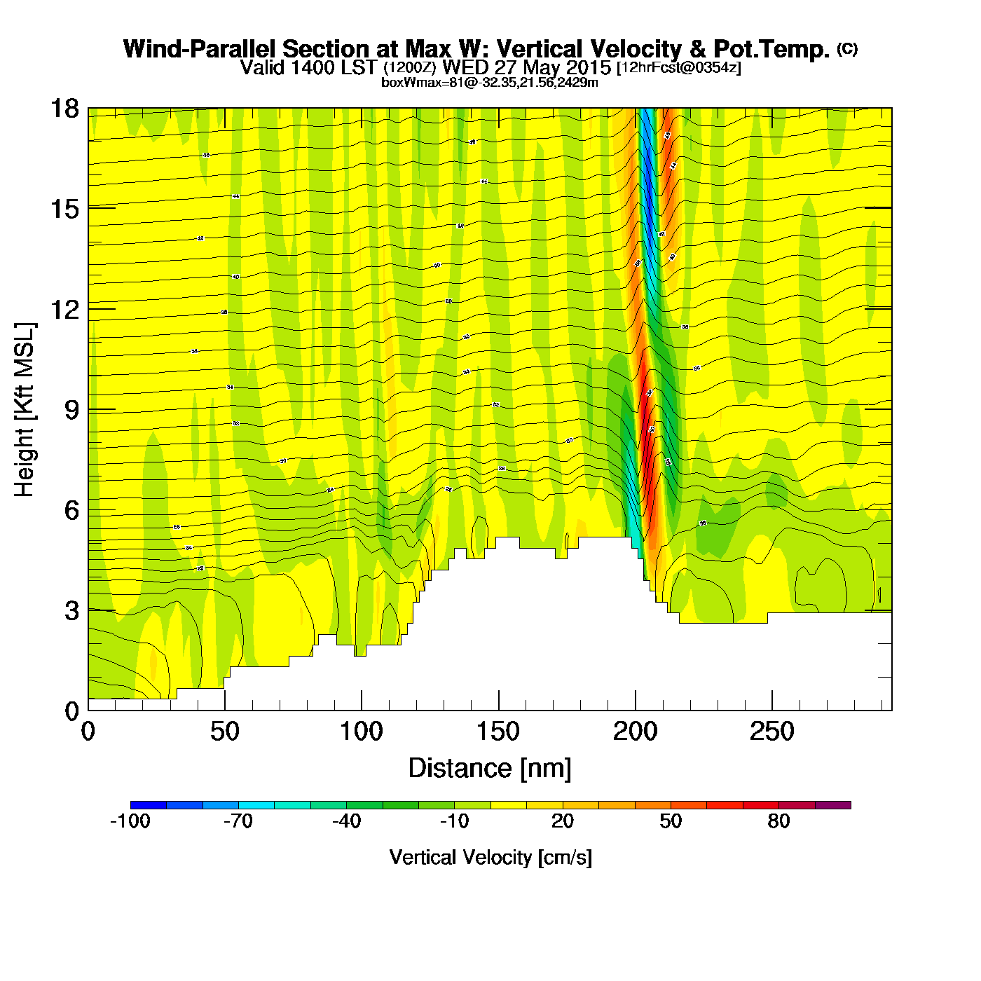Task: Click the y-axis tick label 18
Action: coord(64,109)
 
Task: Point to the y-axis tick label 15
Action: coord(64,209)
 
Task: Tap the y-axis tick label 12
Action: coord(64,309)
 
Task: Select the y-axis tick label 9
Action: coord(71,410)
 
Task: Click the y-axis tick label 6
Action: coord(71,510)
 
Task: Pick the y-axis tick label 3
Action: coord(71,611)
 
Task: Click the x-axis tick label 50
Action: coord(224,732)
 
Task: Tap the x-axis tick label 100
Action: coord(361,732)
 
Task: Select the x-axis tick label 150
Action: coord(498,732)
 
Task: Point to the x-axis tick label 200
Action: coord(635,732)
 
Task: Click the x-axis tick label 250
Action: coord(771,732)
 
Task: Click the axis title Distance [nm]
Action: coord(490,769)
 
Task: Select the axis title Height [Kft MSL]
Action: coord(25,410)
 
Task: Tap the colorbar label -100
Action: coord(130,821)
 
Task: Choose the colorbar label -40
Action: coord(346,821)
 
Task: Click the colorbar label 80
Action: coord(778,821)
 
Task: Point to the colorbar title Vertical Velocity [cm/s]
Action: coord(490,858)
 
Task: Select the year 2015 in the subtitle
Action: coord(588,68)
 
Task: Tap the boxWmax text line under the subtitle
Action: coord(489,83)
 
